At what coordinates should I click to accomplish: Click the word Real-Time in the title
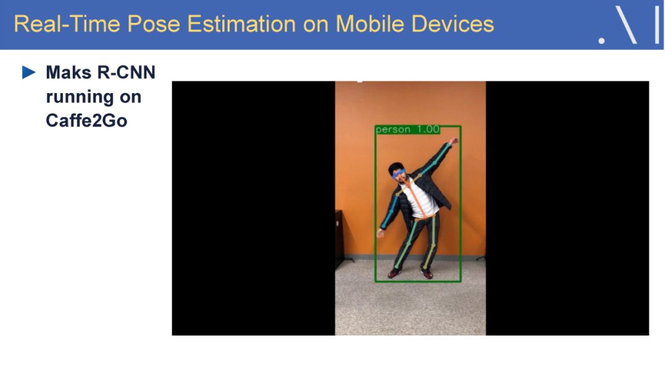click(x=67, y=24)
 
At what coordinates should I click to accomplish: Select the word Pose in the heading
click(x=154, y=24)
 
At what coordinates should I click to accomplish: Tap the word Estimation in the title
click(x=241, y=24)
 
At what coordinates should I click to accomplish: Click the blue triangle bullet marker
click(x=29, y=72)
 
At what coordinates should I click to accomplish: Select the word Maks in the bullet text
click(x=68, y=72)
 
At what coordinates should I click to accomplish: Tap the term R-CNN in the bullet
click(x=126, y=72)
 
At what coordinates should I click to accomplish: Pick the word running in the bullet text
click(x=79, y=97)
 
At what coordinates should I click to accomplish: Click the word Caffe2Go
click(x=87, y=121)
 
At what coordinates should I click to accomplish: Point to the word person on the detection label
click(x=393, y=129)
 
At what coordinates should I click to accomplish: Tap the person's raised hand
click(x=454, y=141)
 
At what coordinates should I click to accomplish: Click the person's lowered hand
click(x=380, y=232)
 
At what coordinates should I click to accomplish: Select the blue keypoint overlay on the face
click(x=398, y=173)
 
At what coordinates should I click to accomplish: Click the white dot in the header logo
click(x=602, y=41)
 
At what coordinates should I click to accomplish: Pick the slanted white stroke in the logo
click(x=626, y=25)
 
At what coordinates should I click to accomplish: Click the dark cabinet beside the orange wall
click(x=340, y=237)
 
